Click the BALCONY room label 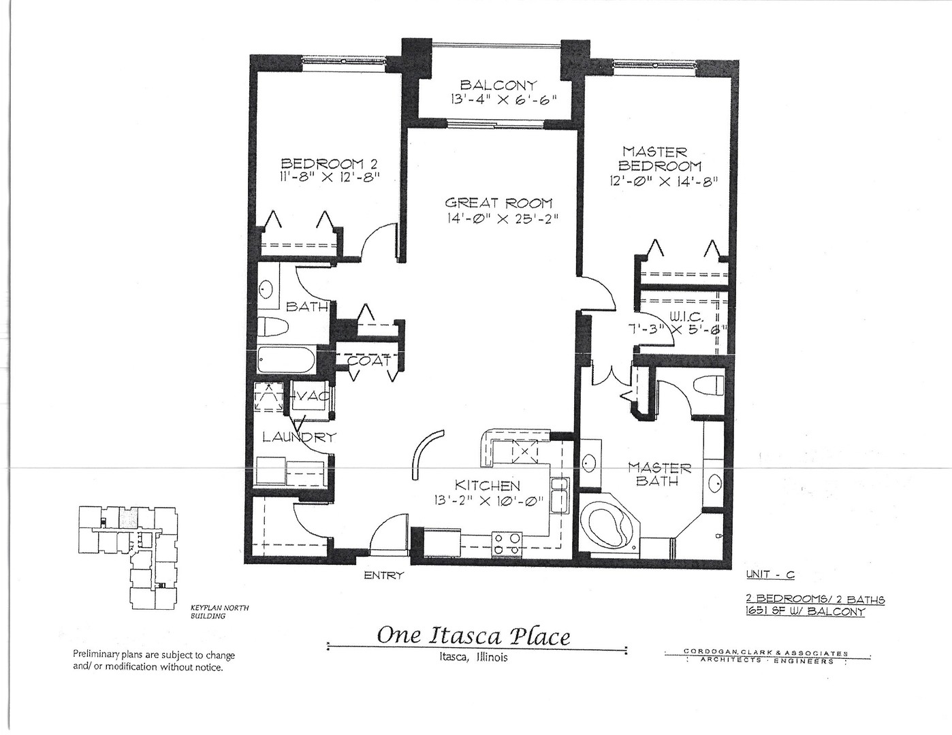498,85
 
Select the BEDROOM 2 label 330,163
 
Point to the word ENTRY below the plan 383,576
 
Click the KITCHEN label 487,486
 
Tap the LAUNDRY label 299,438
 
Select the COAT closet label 369,361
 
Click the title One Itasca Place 473,636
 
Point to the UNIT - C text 770,574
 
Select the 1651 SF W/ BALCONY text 806,611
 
